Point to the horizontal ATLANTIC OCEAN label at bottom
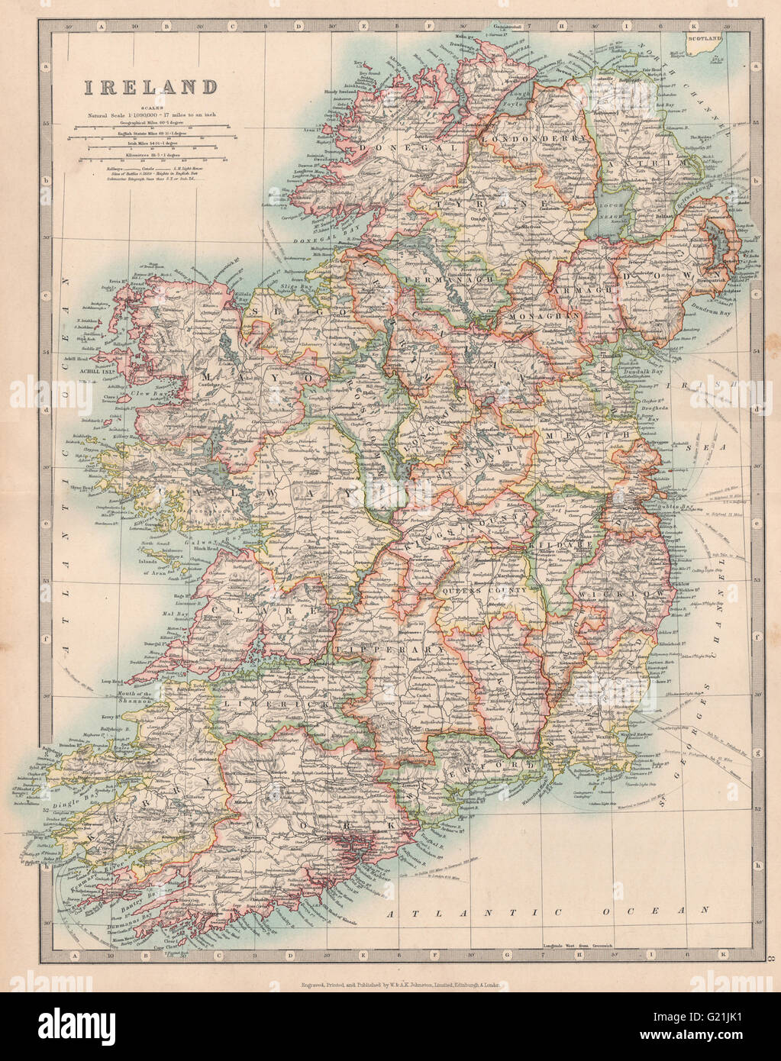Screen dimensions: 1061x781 (548, 911)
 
